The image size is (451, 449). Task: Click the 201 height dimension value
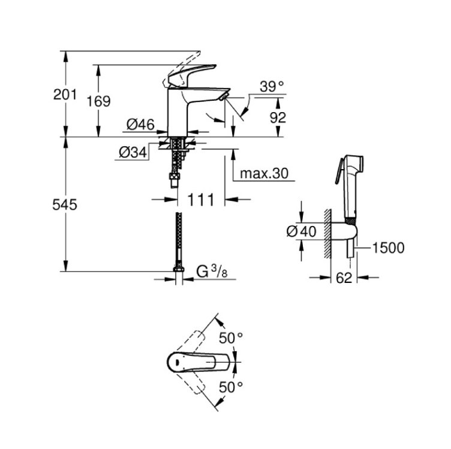coord(65,94)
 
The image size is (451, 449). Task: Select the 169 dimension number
coord(98,101)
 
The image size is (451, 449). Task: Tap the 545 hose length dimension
coord(65,204)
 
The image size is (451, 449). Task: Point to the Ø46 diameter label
coord(141,125)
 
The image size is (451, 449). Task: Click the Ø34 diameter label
coord(133,152)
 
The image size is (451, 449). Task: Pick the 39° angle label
coord(272,86)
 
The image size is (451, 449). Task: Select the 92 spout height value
coord(278,117)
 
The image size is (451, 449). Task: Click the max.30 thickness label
coord(264,173)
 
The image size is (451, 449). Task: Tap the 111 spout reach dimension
coord(201,200)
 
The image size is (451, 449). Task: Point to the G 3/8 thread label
coord(211,272)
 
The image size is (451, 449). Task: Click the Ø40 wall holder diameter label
coord(302,231)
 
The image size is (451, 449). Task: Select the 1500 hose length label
coord(388,248)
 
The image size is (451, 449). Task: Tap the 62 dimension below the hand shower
coord(344,278)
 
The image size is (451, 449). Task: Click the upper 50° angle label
coord(231,337)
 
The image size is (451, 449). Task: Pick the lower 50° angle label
coord(231,387)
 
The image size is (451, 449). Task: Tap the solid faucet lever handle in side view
coord(191,74)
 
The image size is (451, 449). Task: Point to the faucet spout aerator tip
coord(223,97)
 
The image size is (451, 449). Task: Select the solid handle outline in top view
coord(199,363)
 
